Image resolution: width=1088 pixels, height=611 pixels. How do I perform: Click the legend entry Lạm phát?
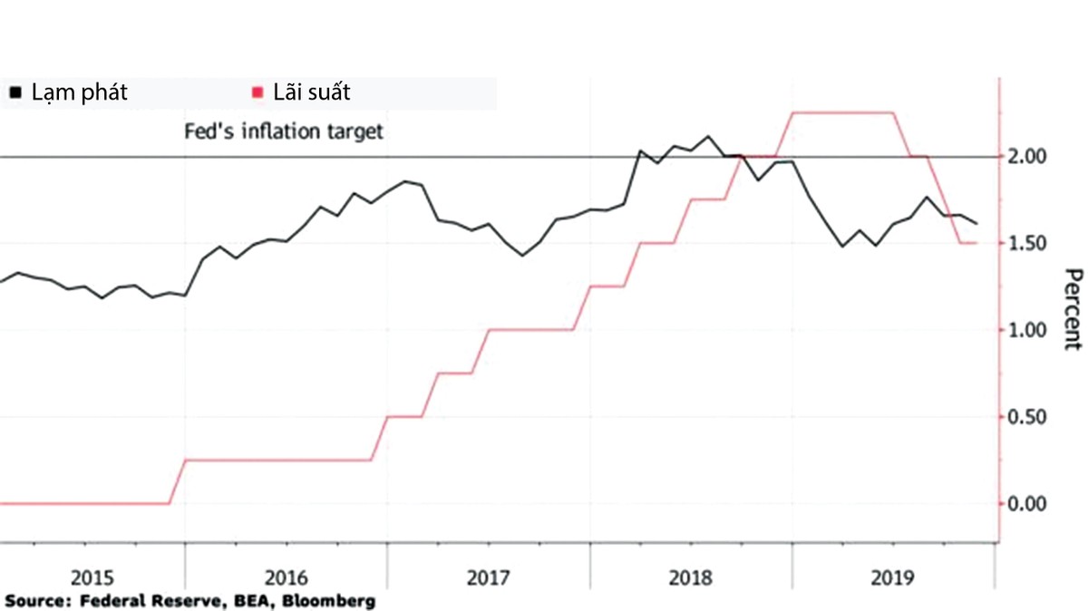point(79,92)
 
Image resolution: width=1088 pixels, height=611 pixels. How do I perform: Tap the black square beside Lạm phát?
point(15,92)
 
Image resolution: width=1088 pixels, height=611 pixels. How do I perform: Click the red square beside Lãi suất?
point(257,92)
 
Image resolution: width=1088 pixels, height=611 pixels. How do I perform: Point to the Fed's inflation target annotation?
point(284,131)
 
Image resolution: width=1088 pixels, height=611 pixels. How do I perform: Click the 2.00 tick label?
point(1028,157)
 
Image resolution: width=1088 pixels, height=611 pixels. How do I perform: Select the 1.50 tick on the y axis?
point(1028,244)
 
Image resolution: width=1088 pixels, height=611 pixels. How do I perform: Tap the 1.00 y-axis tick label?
point(1028,330)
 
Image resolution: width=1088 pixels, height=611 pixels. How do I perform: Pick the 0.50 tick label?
point(1028,417)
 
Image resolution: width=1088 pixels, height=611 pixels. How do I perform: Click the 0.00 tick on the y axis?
point(1028,503)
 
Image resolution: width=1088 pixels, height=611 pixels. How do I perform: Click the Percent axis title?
point(1073,309)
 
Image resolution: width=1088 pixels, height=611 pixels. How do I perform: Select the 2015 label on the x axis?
point(92,577)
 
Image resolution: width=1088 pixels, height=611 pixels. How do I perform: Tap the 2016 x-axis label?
point(287,577)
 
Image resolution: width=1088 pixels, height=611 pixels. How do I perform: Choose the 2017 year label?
point(489,577)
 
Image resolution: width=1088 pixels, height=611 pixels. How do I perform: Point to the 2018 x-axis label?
point(691,577)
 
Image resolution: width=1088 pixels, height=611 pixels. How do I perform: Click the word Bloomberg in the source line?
point(329,601)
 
